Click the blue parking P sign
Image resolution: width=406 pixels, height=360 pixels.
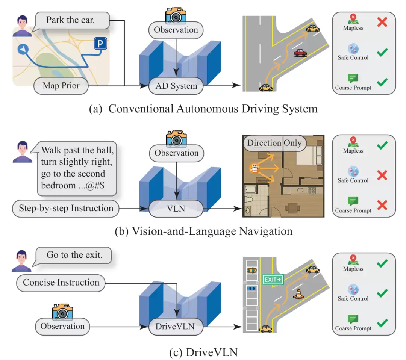pyautogui.click(x=100, y=44)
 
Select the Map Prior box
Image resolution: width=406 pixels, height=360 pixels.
pyautogui.click(x=61, y=86)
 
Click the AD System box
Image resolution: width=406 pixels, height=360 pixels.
pyautogui.click(x=176, y=86)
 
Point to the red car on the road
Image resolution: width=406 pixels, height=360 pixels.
pyautogui.click(x=300, y=53)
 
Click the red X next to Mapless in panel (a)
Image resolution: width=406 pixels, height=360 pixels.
pyautogui.click(x=382, y=22)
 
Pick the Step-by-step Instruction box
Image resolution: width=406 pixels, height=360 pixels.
pyautogui.click(x=66, y=208)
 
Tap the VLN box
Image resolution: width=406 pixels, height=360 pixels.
pyautogui.click(x=176, y=209)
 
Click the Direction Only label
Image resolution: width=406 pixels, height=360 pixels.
pyautogui.click(x=274, y=143)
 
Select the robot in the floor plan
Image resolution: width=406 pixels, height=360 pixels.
pyautogui.click(x=255, y=168)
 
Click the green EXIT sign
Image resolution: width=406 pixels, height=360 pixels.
pyautogui.click(x=273, y=280)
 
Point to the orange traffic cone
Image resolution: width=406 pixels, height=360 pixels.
pyautogui.click(x=298, y=294)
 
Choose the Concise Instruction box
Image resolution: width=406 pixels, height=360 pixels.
pyautogui.click(x=61, y=283)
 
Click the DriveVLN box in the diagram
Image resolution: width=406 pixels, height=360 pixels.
pyautogui.click(x=175, y=327)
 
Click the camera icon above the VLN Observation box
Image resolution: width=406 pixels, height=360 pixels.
pyautogui.click(x=176, y=138)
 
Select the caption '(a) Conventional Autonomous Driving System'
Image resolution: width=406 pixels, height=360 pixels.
pyautogui.click(x=203, y=109)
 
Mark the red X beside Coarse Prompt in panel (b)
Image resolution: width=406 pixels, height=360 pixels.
pyautogui.click(x=382, y=205)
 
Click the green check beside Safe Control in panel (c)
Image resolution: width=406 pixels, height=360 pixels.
pyautogui.click(x=382, y=293)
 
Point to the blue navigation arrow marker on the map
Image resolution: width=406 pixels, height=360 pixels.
pyautogui.click(x=23, y=49)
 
